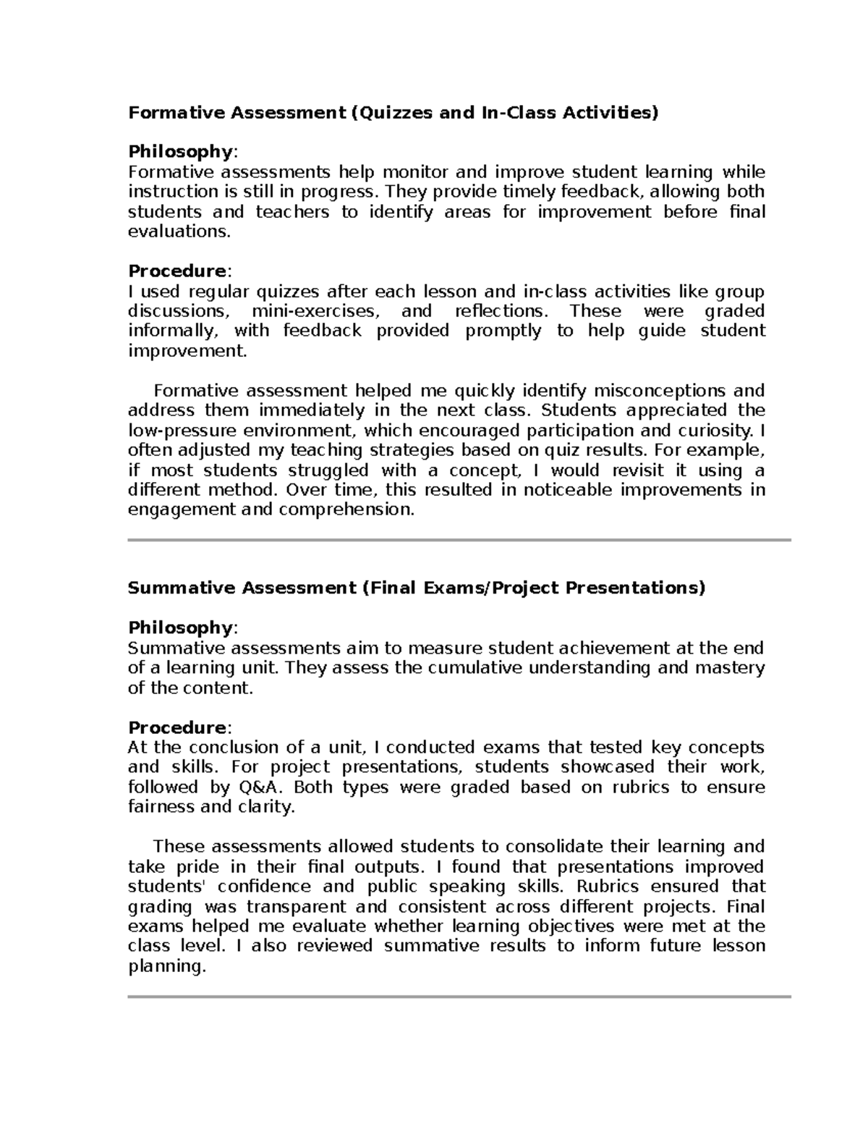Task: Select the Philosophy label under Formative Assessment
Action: click(179, 152)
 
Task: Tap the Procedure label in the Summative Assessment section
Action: click(177, 727)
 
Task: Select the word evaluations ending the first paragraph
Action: click(179, 232)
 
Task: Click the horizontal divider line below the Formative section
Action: click(459, 540)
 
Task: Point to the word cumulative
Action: click(475, 667)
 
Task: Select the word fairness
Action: click(161, 807)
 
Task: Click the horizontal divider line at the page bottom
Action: click(459, 997)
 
